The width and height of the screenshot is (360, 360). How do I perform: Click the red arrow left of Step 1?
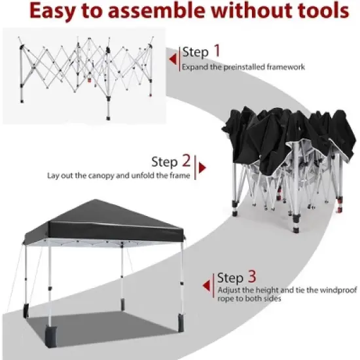(x=173, y=60)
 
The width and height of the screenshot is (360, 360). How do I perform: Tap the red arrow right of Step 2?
(x=202, y=168)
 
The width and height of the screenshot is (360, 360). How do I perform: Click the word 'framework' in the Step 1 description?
(x=283, y=67)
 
